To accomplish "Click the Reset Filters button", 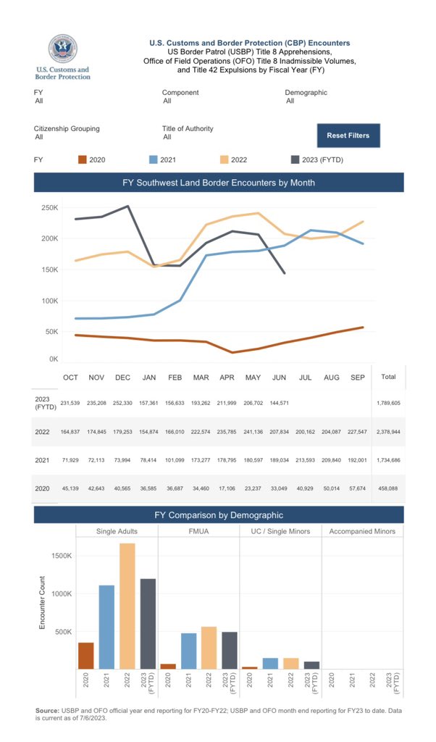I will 348,136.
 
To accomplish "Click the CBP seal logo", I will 62,49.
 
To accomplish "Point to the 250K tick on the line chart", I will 49,208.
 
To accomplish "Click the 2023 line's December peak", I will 127,206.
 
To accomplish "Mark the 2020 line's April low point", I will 232,352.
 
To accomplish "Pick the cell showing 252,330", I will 122,402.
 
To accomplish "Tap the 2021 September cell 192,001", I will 359,460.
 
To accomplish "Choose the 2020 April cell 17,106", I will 227,488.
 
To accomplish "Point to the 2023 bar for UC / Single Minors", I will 311,664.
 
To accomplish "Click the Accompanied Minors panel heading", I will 362,531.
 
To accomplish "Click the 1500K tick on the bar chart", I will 59,556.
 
